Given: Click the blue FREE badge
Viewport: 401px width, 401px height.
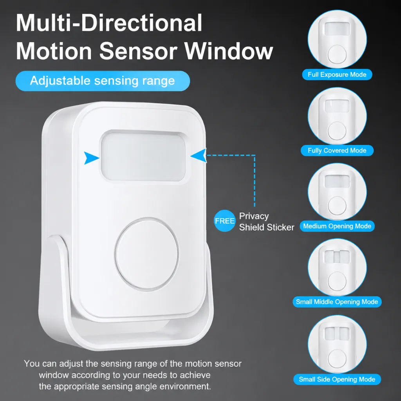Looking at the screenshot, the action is (x=224, y=221).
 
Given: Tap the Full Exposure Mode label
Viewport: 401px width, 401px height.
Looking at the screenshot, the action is (x=337, y=74).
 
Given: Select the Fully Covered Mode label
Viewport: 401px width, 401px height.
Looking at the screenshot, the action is (x=337, y=150).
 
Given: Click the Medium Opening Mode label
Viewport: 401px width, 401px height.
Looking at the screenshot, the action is (x=337, y=226).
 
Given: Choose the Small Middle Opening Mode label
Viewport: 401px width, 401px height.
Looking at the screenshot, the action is (x=337, y=302).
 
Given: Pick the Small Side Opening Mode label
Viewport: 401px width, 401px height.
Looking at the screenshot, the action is (x=337, y=379).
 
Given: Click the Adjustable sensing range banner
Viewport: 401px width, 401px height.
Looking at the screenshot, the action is (x=103, y=81).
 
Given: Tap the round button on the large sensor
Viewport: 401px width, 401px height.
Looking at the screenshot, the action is (x=147, y=254).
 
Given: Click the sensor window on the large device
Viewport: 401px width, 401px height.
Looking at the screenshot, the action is (x=143, y=157).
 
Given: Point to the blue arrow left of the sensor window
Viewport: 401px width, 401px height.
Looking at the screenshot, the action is (x=91, y=158).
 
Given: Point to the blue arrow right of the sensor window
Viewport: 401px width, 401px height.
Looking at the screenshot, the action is (x=199, y=155).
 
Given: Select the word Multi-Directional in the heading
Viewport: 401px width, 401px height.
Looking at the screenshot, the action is (x=109, y=23).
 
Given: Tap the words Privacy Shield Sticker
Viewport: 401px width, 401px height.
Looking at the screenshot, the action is (x=266, y=222).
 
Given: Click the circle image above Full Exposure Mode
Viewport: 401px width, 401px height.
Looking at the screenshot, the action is (x=337, y=39).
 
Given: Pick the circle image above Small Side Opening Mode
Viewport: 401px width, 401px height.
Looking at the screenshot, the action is (x=337, y=344).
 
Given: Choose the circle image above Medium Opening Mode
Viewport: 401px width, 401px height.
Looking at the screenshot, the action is (x=337, y=192).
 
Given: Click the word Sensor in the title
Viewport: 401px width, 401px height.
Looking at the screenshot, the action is (x=138, y=51).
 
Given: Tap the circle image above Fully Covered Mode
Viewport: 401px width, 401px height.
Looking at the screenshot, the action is (x=337, y=116).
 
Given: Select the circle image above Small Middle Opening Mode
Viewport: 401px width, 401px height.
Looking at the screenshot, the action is (x=337, y=267).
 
